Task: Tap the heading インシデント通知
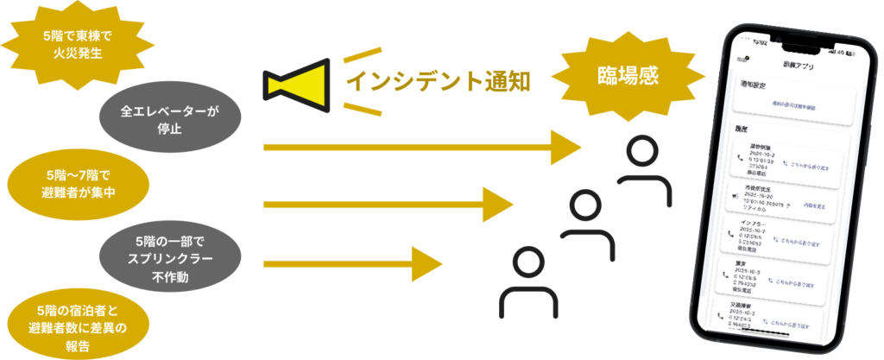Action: tap(438, 81)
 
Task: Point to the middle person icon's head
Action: tap(585, 206)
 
